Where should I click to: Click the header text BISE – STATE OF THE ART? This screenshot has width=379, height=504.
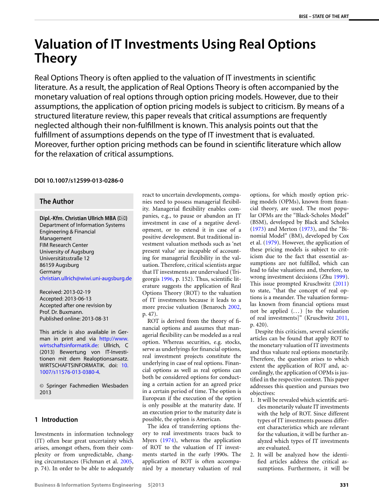[x=324, y=16]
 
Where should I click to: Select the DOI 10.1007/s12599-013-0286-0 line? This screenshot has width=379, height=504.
[x=79, y=180]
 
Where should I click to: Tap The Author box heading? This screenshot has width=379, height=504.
[x=57, y=201]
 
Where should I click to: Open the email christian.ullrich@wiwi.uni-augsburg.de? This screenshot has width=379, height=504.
[x=86, y=278]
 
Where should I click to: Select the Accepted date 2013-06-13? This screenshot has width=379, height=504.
[x=77, y=299]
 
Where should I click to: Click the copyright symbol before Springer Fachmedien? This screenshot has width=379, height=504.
[x=41, y=386]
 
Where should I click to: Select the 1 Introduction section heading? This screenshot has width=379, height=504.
[x=56, y=420]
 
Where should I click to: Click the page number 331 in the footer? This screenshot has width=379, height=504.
[x=344, y=485]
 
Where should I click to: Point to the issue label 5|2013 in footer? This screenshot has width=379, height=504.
[x=156, y=485]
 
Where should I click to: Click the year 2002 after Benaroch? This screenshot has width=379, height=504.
[x=234, y=307]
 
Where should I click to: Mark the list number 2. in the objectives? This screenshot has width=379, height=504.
[x=252, y=455]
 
